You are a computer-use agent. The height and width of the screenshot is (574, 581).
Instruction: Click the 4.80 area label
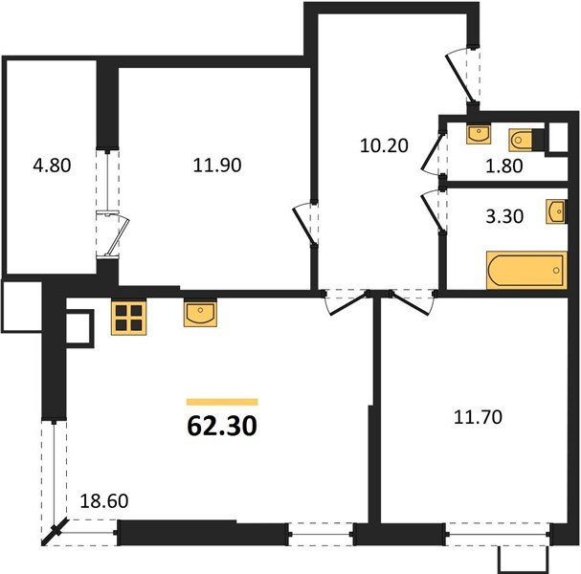[52, 166]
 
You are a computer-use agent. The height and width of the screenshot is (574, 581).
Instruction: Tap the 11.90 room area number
[217, 165]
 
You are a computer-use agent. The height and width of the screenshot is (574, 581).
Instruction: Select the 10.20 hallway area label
[384, 145]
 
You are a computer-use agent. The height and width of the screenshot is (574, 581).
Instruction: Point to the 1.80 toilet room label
[503, 166]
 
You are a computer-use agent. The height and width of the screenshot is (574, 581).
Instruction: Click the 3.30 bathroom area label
[504, 216]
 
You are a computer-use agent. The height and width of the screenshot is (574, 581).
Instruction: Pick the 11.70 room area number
[478, 417]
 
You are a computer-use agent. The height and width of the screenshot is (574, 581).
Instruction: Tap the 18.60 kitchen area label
[104, 501]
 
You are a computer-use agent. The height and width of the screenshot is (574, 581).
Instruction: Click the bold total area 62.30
[222, 426]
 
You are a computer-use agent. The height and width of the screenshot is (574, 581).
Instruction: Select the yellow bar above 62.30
[222, 402]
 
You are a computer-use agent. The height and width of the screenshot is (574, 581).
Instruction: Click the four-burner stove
[128, 318]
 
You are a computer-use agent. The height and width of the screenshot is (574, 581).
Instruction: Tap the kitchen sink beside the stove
[200, 314]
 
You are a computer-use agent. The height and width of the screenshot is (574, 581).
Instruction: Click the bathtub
[526, 270]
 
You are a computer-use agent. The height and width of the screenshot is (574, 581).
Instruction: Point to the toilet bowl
[522, 140]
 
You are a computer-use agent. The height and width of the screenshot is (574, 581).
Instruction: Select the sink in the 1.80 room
[479, 134]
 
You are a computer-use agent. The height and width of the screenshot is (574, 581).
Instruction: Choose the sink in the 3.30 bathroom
[556, 212]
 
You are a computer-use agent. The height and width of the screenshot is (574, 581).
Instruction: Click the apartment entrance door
[460, 76]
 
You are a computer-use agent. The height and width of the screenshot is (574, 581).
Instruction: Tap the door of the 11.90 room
[305, 224]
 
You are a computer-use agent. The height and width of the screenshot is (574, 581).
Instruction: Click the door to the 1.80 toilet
[434, 153]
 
